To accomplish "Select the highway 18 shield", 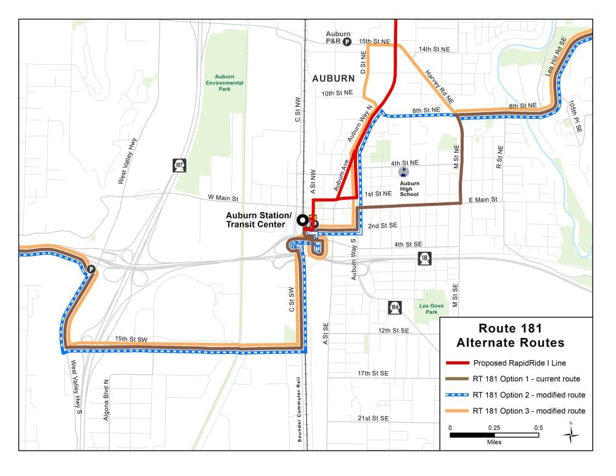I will pos(424,258).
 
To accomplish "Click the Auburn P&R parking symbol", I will pos(347,42).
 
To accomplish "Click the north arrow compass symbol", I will pos(571,434).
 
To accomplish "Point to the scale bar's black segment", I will pos(472,435).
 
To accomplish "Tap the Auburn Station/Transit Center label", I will pos(258,220).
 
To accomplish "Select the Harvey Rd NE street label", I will pos(439,86).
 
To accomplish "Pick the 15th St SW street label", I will pos(131,339).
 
